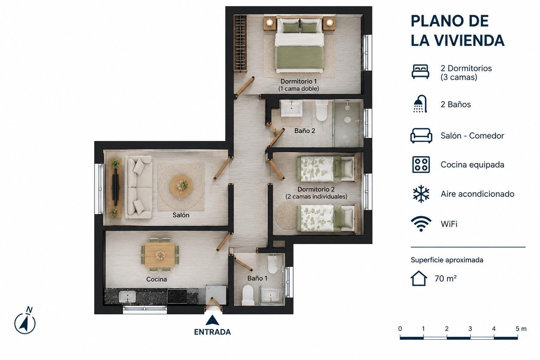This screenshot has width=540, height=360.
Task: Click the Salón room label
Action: click(x=181, y=215)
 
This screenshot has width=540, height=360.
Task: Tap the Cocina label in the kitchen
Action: click(x=156, y=279)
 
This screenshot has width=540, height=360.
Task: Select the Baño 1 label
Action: click(x=257, y=278)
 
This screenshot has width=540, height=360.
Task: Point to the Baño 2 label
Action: click(x=305, y=131)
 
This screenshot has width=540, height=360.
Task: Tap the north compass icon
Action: click(x=25, y=321)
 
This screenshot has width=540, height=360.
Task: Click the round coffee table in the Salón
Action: click(x=181, y=186)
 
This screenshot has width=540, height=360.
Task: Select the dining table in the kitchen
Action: click(x=160, y=255)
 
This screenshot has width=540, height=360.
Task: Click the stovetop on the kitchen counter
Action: click(x=177, y=296)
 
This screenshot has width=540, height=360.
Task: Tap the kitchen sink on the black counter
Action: click(x=127, y=297)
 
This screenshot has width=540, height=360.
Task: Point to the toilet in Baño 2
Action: click(x=322, y=111)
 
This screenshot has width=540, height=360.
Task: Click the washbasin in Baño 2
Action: click(x=292, y=108)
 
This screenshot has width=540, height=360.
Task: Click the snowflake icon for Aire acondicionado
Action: click(x=421, y=194)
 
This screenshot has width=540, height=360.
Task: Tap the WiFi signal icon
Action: click(x=421, y=224)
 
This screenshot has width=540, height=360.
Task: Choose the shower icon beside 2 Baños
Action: click(x=420, y=104)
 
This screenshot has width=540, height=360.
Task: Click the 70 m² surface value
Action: click(x=445, y=278)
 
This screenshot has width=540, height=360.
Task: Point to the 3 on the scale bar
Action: click(x=470, y=329)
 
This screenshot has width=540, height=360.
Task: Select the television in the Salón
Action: click(x=116, y=187)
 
